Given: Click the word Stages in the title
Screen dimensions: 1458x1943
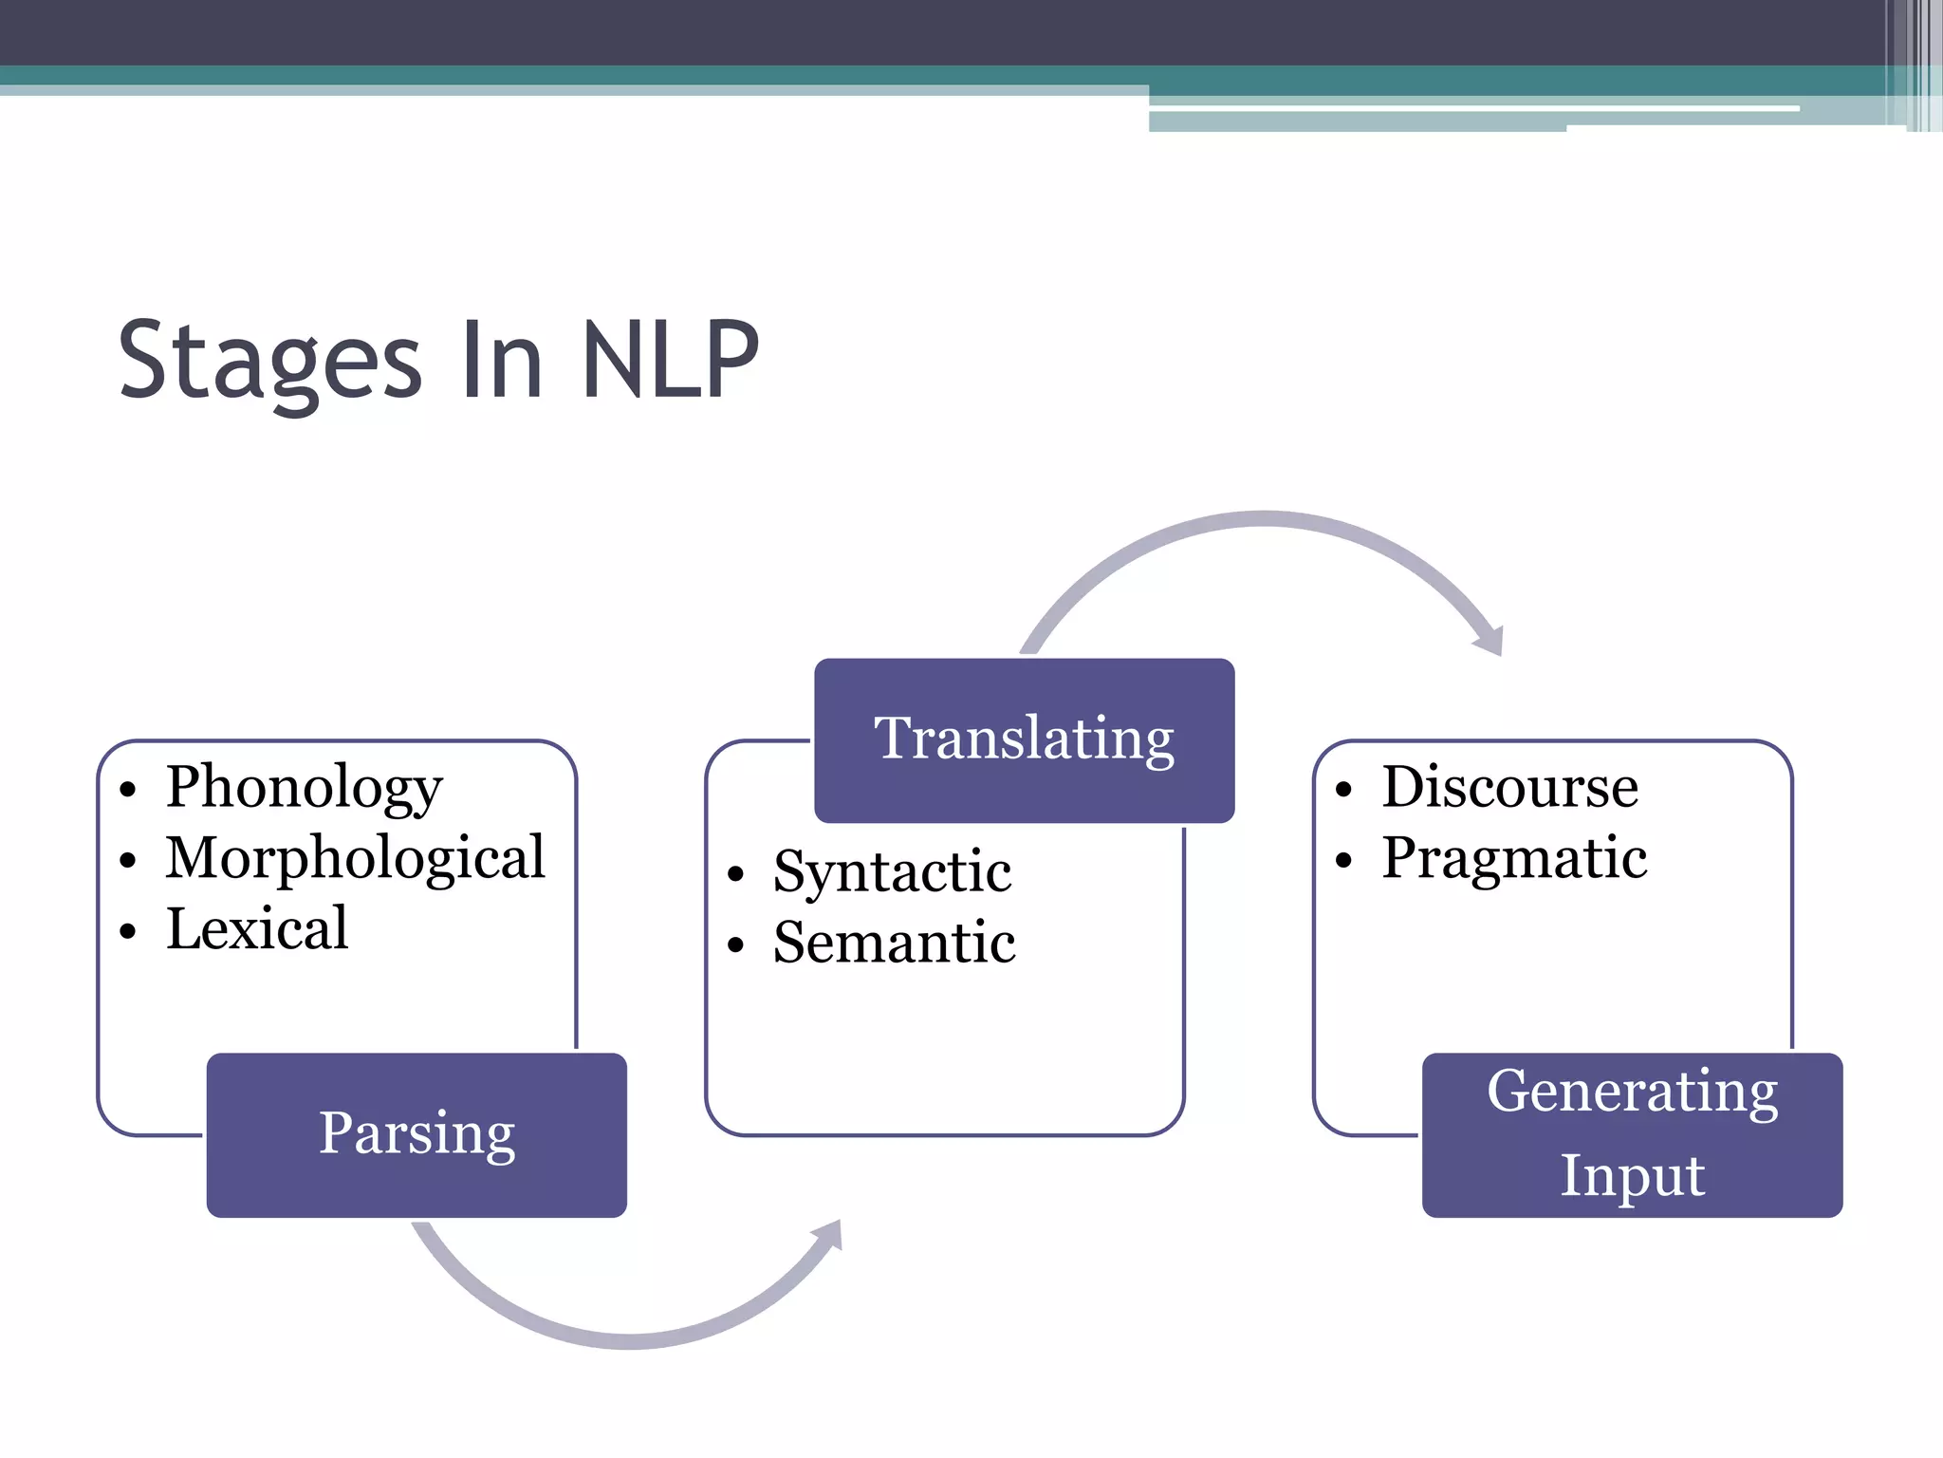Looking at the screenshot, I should pyautogui.click(x=269, y=361).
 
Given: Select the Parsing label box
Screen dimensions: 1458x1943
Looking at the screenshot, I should pyautogui.click(x=416, y=1134).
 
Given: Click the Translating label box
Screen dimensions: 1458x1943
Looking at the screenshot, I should pyautogui.click(x=1024, y=739).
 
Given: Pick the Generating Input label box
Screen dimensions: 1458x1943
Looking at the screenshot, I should pyautogui.click(x=1632, y=1134).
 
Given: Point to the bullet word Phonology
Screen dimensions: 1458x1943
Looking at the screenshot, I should pyautogui.click(x=304, y=788).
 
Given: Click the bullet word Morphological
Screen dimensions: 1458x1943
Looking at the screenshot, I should pyautogui.click(x=356, y=858).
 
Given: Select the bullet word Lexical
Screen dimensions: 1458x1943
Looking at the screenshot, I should pyautogui.click(x=257, y=928).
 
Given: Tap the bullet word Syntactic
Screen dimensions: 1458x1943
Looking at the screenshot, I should pyautogui.click(x=892, y=872).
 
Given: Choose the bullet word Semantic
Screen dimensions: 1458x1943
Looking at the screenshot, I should pyautogui.click(x=894, y=943).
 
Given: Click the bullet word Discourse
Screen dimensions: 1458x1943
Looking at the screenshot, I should pyautogui.click(x=1509, y=788).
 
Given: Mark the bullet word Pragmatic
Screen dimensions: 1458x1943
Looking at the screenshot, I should pyautogui.click(x=1514, y=858).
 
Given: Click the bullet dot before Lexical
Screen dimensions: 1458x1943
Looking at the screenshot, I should pyautogui.click(x=128, y=932).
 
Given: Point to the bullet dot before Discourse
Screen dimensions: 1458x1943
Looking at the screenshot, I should pyautogui.click(x=1342, y=791).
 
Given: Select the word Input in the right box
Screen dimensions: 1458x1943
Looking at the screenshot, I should pyautogui.click(x=1632, y=1176).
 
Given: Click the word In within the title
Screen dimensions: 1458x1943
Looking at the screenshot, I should pyautogui.click(x=501, y=361).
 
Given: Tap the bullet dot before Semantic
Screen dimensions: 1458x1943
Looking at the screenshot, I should pyautogui.click(x=735, y=945).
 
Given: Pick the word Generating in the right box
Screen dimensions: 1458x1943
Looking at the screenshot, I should pyautogui.click(x=1632, y=1093).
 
